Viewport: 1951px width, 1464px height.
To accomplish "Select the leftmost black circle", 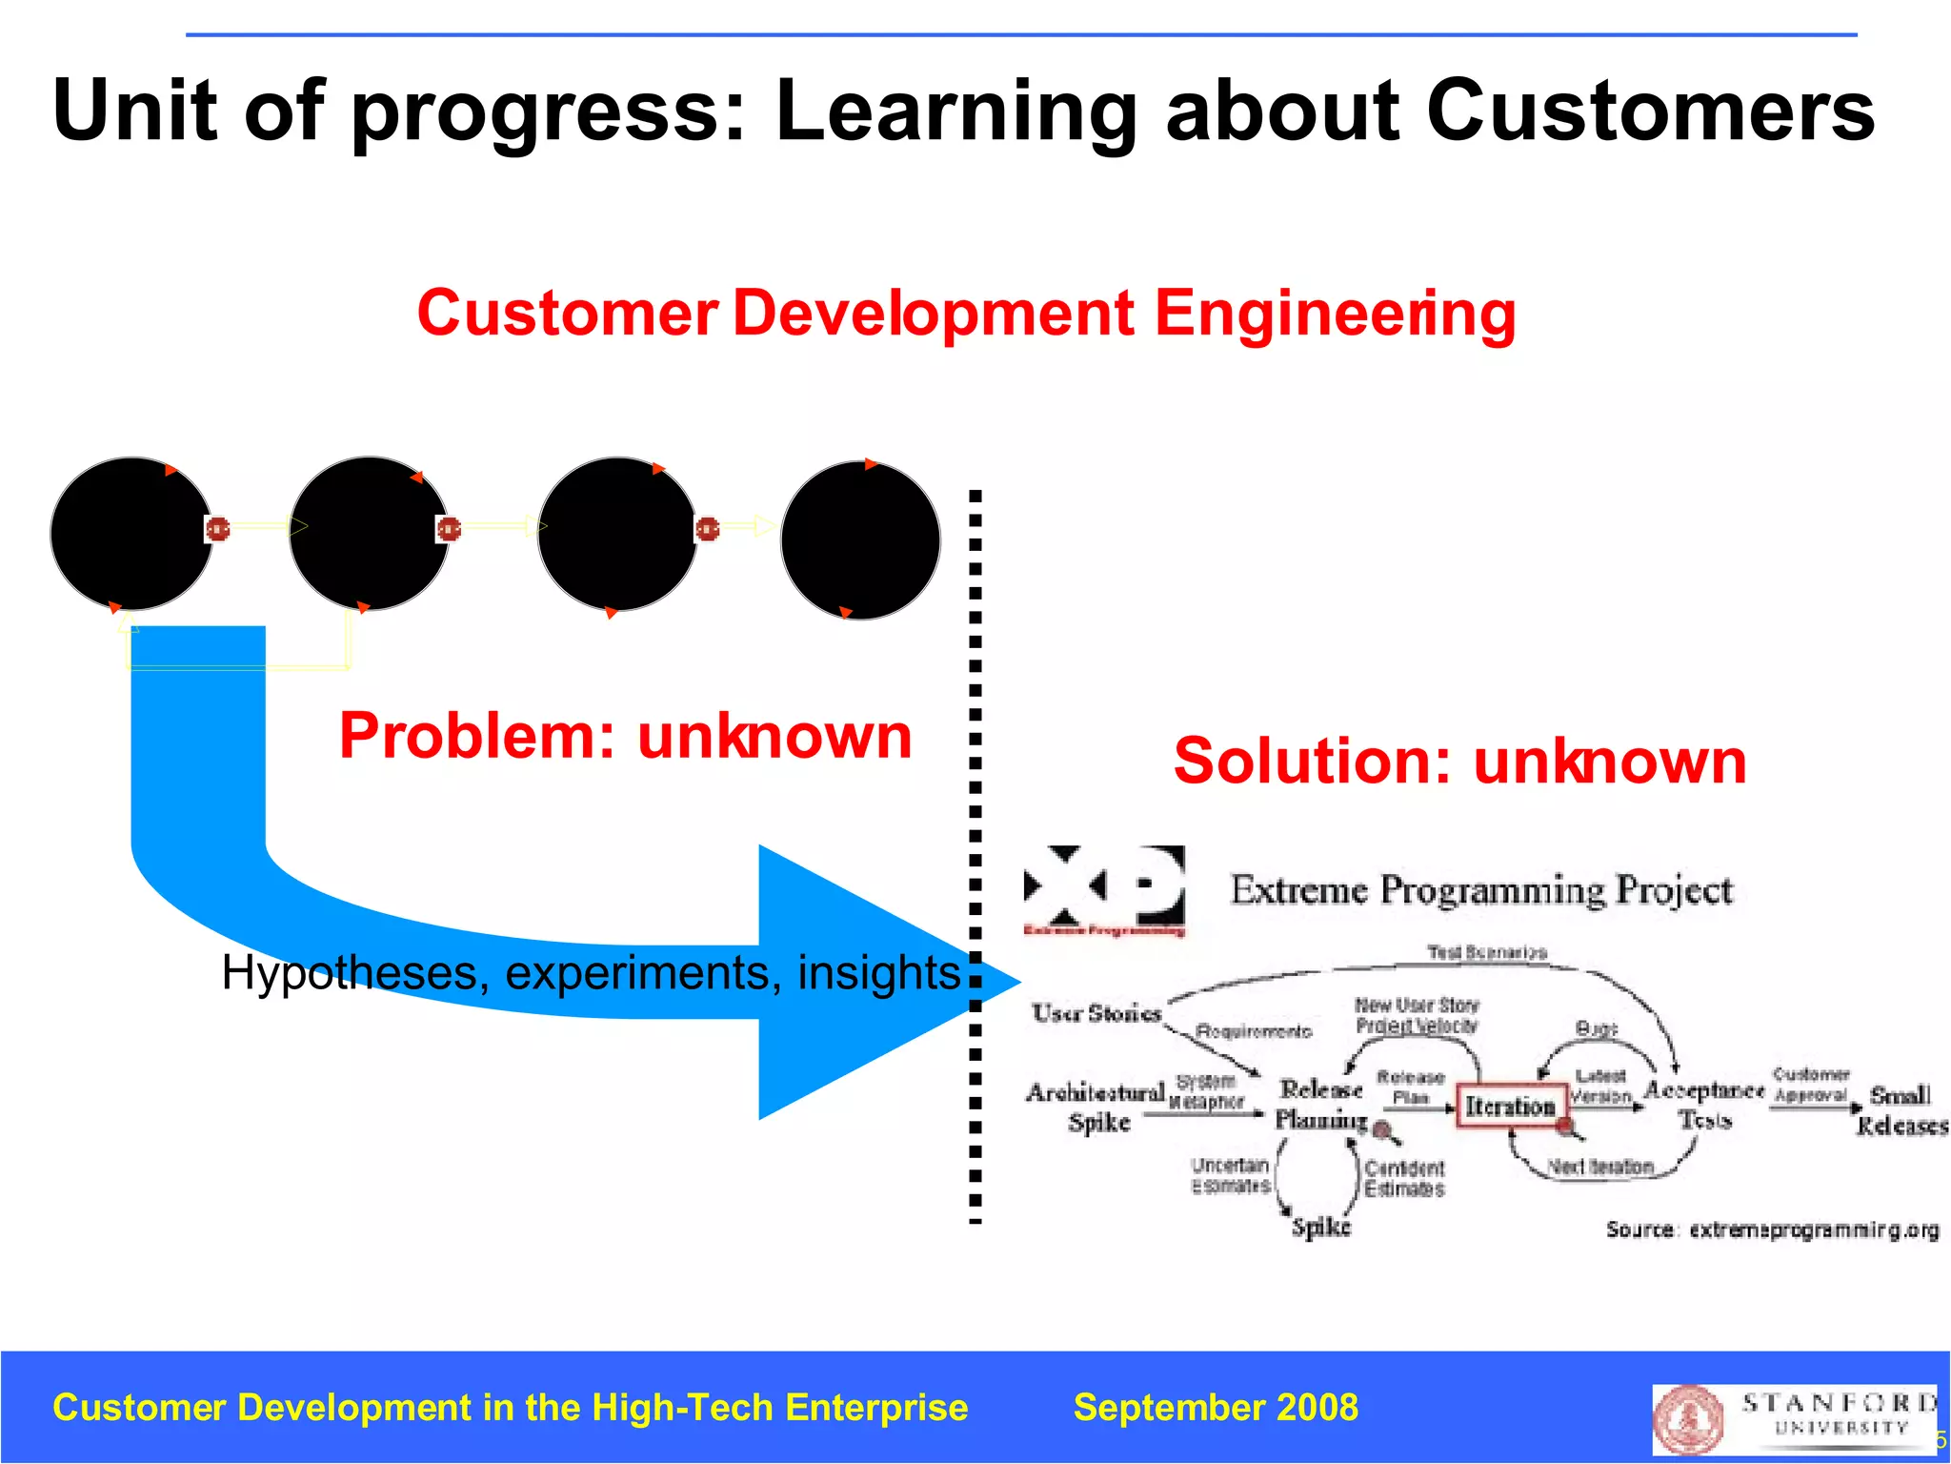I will (x=131, y=534).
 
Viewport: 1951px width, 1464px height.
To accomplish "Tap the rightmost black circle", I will (x=860, y=540).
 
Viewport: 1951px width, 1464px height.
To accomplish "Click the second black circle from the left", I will (x=369, y=534).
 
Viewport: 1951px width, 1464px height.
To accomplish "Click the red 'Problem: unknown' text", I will (x=625, y=736).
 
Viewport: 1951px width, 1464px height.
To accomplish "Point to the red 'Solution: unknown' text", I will (x=1459, y=761).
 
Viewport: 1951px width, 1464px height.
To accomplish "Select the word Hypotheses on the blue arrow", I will (x=349, y=973).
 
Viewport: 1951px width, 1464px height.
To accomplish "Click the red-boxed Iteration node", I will (x=1511, y=1106).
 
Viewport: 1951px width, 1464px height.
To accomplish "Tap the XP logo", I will (x=1104, y=889).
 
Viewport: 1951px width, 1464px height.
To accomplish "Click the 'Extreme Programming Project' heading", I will (x=1480, y=890).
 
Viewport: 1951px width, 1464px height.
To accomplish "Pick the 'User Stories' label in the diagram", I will (x=1096, y=1013).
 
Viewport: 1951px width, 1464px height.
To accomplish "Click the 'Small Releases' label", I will (x=1901, y=1110).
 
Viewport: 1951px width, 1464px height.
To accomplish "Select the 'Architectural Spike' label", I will (x=1096, y=1106).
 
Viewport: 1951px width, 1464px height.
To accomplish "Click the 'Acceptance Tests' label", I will (x=1703, y=1104).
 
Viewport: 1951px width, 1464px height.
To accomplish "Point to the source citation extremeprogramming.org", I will (x=1772, y=1230).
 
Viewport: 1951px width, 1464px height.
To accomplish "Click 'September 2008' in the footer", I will (x=1216, y=1408).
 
